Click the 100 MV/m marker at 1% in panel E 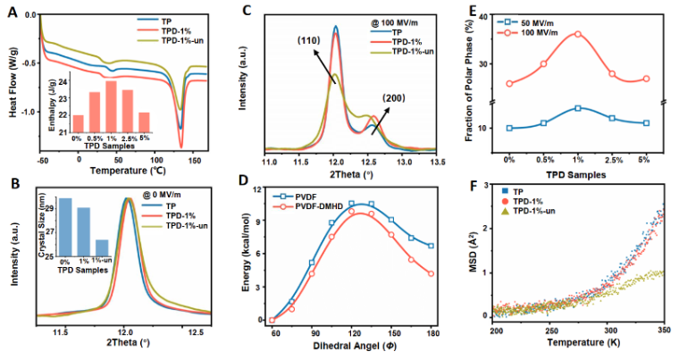(x=577, y=34)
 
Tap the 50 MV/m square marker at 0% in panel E (x=509, y=128)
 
